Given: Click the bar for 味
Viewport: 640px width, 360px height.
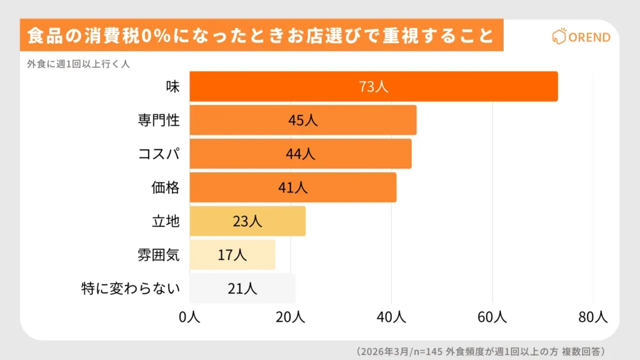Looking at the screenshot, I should [x=373, y=86].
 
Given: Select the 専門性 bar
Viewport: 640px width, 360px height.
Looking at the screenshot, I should [x=302, y=120].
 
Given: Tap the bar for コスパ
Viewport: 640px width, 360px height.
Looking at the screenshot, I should [x=300, y=154].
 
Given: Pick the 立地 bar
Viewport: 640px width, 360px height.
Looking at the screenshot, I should [x=247, y=221].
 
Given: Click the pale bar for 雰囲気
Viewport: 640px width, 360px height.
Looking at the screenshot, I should [x=232, y=254].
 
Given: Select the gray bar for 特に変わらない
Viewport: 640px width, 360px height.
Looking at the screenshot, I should [x=242, y=288].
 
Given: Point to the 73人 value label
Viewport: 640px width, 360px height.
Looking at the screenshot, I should [x=373, y=86].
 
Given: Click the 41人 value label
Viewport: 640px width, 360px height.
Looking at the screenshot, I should [x=292, y=187].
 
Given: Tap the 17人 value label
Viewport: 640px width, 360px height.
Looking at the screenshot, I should [x=232, y=254].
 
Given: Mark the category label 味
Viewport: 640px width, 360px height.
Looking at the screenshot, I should [x=172, y=86].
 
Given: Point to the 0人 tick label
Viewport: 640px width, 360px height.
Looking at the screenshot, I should [x=189, y=317].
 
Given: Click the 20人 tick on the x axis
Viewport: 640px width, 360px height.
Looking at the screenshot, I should [x=291, y=317].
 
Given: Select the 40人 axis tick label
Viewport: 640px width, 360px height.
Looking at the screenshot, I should [x=391, y=317].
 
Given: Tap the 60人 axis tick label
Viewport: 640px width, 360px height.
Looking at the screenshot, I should [x=492, y=317].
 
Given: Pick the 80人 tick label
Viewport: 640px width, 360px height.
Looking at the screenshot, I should [x=593, y=317].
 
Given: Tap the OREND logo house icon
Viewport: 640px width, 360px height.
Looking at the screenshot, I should [x=558, y=37].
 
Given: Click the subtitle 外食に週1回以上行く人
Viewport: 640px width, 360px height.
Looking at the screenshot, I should [x=78, y=63].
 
